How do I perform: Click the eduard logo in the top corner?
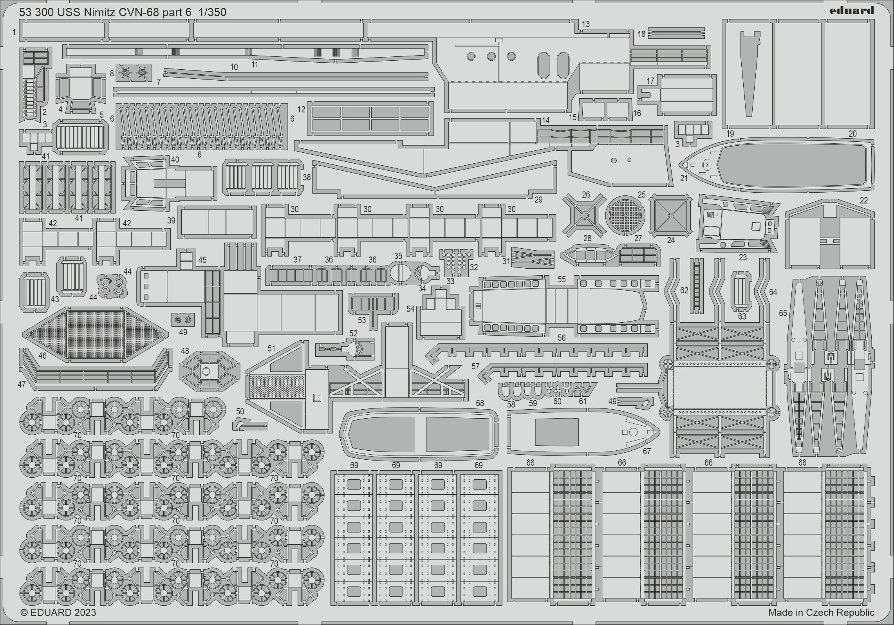[x=851, y=10]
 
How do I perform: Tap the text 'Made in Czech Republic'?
[x=821, y=612]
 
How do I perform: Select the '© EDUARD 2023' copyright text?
[x=58, y=612]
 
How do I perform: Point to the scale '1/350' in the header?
[x=212, y=13]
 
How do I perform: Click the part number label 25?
[x=641, y=195]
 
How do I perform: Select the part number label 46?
[x=42, y=355]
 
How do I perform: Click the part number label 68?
[x=480, y=403]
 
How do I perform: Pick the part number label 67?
[x=647, y=452]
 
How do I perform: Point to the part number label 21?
[x=684, y=178]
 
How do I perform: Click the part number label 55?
[x=562, y=279]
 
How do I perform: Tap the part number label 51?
[x=271, y=348]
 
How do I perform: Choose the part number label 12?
[x=301, y=110]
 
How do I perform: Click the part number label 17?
[x=650, y=81]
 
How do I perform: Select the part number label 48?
[x=185, y=351]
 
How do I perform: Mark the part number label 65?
[x=783, y=313]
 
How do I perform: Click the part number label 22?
[x=863, y=201]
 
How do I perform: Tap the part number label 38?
[x=307, y=177]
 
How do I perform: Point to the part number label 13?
[x=585, y=24]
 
